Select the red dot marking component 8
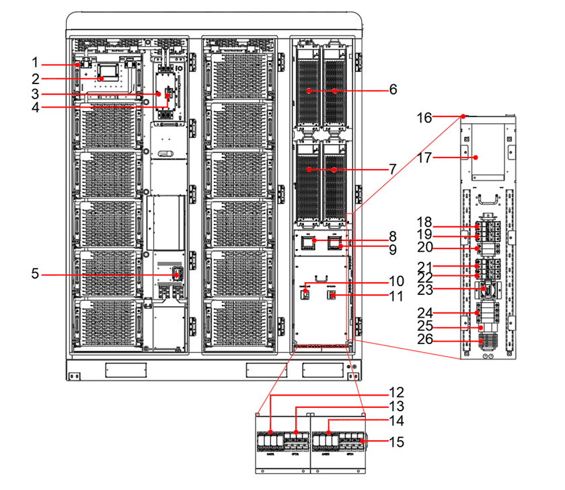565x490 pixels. pyautogui.click(x=313, y=239)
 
